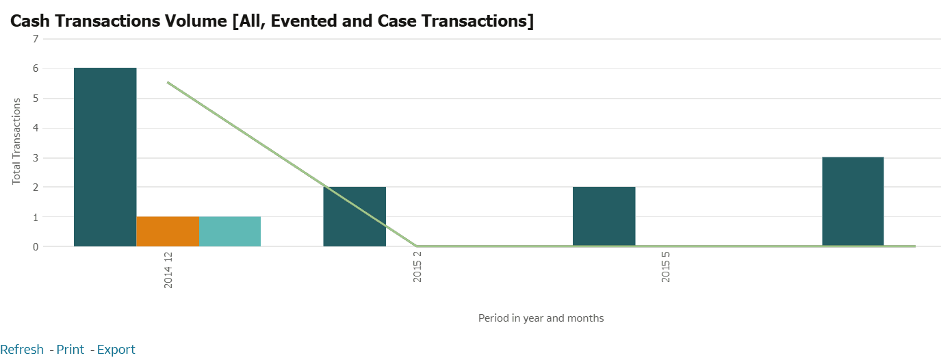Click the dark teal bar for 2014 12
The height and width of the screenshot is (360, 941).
click(105, 157)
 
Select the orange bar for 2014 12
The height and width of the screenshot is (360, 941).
click(168, 231)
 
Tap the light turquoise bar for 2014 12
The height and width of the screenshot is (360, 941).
click(230, 231)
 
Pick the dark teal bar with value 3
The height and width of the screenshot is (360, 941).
click(853, 201)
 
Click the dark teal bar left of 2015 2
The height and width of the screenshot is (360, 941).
click(355, 216)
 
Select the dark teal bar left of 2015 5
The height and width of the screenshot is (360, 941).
click(604, 216)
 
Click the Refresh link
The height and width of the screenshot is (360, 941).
click(22, 350)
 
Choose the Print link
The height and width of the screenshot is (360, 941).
click(70, 350)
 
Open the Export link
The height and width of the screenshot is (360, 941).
click(116, 350)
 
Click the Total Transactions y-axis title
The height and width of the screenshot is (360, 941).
click(16, 140)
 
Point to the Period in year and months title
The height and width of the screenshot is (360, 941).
click(541, 318)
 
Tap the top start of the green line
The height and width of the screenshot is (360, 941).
click(168, 82)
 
